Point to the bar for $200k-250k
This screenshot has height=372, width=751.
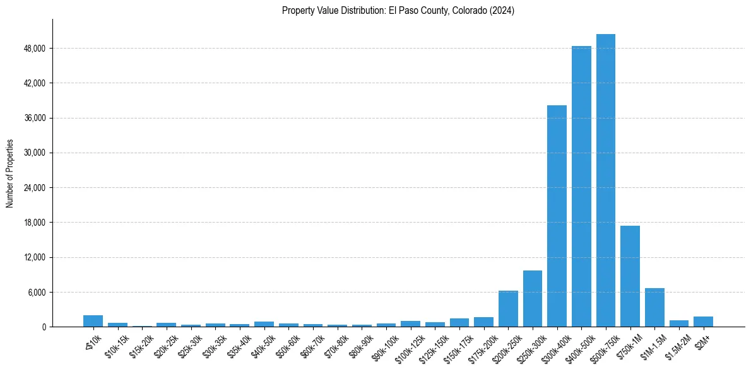(508, 309)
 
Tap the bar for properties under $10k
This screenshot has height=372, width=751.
(93, 321)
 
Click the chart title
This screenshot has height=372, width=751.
(398, 11)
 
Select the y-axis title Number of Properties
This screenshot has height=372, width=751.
(10, 173)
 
